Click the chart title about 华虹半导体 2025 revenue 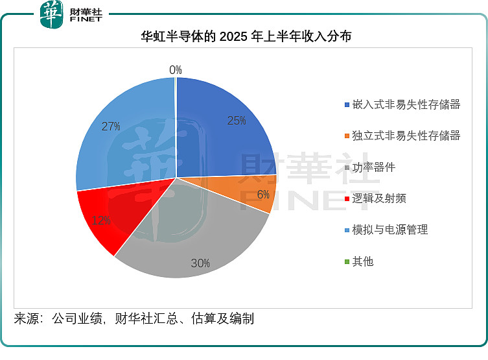click(x=246, y=36)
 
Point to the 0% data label click(x=175, y=70)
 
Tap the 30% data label click(x=200, y=263)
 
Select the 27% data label click(x=111, y=126)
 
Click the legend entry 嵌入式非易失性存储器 click(x=406, y=104)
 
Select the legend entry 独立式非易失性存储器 click(x=406, y=136)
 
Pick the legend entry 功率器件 click(x=374, y=167)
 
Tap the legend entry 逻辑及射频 click(x=379, y=198)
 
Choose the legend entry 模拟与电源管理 click(x=390, y=230)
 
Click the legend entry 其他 click(x=363, y=261)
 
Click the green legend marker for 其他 click(x=347, y=262)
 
